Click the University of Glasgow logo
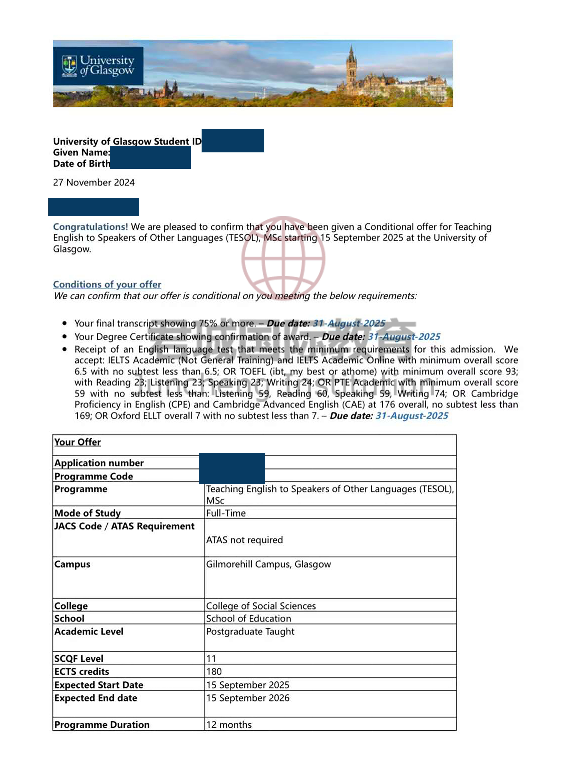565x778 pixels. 98,66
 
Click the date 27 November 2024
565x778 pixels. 94,183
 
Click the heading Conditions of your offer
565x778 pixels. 107,284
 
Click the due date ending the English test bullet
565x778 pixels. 412,416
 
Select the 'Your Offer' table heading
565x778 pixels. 77,442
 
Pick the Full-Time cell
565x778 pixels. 226,513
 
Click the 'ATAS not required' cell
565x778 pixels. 244,540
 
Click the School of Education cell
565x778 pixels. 248,618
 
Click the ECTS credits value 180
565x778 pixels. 214,672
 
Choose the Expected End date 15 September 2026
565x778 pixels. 248,698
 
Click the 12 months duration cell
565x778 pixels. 229,725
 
